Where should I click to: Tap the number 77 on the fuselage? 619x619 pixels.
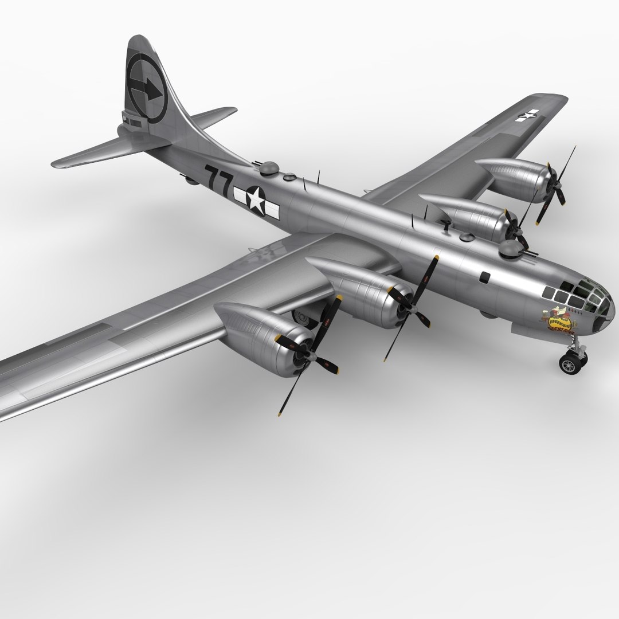[218, 179]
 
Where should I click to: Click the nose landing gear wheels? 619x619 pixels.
[573, 362]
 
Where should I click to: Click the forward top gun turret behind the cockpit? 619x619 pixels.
[510, 247]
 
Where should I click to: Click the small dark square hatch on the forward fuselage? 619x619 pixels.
[485, 277]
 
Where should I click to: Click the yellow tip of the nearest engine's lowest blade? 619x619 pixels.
[280, 412]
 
